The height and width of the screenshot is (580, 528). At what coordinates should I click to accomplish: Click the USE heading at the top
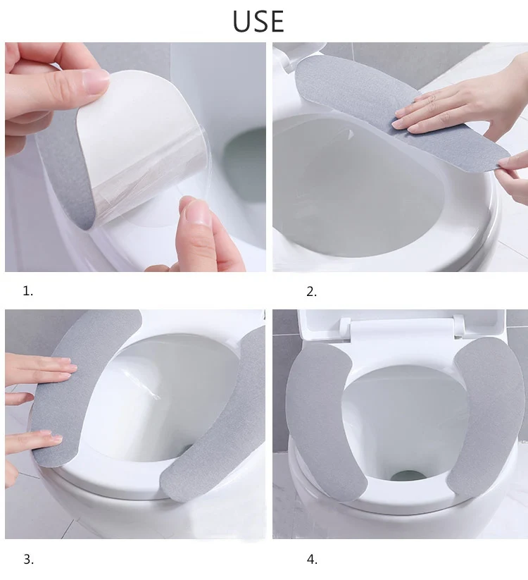pos(258,21)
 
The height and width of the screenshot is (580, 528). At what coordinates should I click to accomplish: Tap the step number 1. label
pos(28,292)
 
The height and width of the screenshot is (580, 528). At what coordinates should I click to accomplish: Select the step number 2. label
pos(311,292)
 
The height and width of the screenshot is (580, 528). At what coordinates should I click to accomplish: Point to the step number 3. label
pos(28,560)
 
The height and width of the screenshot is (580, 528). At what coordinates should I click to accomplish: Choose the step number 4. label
pos(312,560)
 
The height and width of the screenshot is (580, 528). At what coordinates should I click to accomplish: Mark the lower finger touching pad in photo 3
pos(33,440)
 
